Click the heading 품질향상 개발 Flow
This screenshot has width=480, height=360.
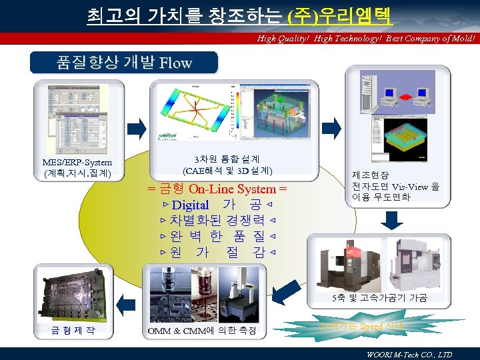(x=125, y=63)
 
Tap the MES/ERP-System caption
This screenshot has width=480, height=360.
(x=77, y=163)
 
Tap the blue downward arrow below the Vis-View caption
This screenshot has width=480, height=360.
(x=395, y=219)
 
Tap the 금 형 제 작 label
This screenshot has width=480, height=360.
(x=73, y=330)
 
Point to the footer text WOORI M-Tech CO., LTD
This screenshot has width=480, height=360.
(x=409, y=354)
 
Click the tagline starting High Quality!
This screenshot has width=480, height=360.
(x=366, y=39)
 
